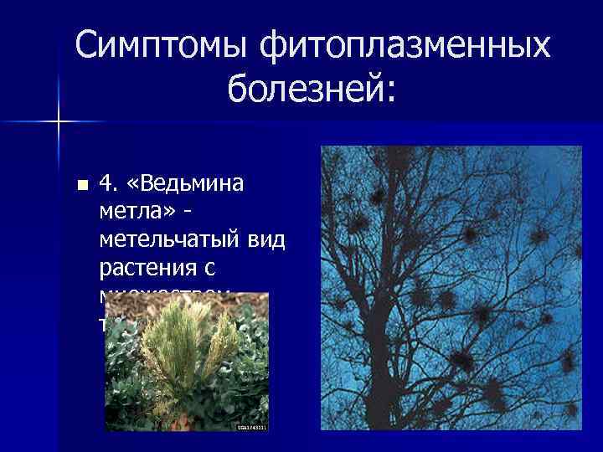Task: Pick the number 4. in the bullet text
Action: (110, 183)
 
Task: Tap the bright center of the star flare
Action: (59, 122)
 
